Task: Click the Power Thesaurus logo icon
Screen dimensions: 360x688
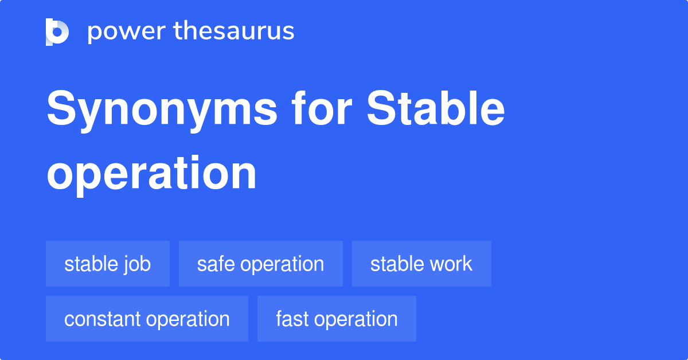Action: pyautogui.click(x=57, y=32)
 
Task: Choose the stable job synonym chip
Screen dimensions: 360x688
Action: pyautogui.click(x=108, y=264)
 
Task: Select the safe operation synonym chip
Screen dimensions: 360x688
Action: pyautogui.click(x=261, y=264)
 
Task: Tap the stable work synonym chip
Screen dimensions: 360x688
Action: pyautogui.click(x=421, y=264)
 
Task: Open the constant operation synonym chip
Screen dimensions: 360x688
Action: pyautogui.click(x=147, y=319)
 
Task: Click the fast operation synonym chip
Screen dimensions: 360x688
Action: pyautogui.click(x=337, y=319)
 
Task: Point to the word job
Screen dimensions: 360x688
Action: pyautogui.click(x=138, y=265)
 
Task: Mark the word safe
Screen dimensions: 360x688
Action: pyautogui.click(x=216, y=264)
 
